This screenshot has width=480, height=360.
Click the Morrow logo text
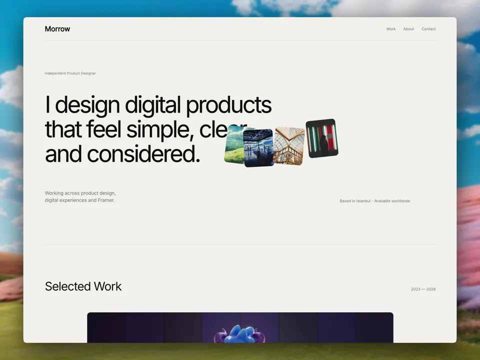(57, 29)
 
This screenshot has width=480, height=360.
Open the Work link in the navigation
(390, 29)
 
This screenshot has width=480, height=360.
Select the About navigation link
(408, 29)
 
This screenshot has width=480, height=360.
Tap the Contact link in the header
(428, 29)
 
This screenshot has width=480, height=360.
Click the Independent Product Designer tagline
(70, 73)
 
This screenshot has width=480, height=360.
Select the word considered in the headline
(143, 153)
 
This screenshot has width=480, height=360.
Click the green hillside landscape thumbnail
(234, 145)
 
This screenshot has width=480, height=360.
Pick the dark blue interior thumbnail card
(258, 148)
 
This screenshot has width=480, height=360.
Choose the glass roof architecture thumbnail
(288, 146)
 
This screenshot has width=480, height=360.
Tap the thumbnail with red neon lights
(322, 138)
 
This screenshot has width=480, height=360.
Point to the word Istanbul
(363, 201)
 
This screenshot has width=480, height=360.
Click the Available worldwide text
(392, 201)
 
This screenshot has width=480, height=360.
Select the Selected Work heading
(83, 286)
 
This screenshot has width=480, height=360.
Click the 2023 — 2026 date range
(423, 289)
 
